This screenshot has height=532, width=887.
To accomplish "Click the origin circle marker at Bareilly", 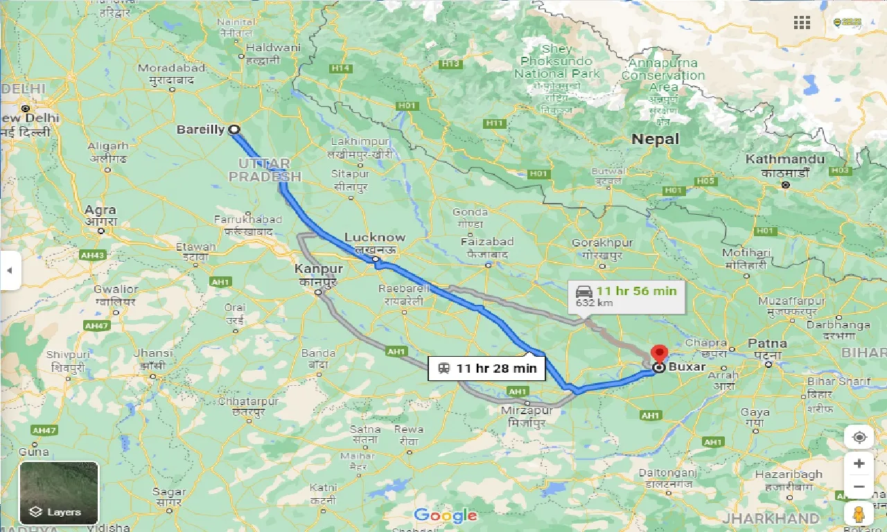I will click(x=234, y=130).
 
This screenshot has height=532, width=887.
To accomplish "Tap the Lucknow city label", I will click(x=374, y=238).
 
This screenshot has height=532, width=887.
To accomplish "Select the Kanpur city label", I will click(x=318, y=268).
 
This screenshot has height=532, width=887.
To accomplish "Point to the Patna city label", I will click(x=767, y=343).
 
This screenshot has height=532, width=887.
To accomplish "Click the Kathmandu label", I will click(x=785, y=159).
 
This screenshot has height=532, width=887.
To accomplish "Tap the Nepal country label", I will click(x=655, y=139).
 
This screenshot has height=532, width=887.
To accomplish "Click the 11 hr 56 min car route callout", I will click(x=626, y=296).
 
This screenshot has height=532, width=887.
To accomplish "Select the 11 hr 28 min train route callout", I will click(x=487, y=369).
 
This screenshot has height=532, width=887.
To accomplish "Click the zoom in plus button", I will click(x=859, y=463).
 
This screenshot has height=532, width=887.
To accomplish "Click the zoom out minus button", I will click(x=859, y=486).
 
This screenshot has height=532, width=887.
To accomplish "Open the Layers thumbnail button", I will click(x=59, y=493).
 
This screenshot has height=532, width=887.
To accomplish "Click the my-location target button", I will click(x=859, y=438).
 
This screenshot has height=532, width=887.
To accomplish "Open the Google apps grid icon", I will click(x=802, y=23).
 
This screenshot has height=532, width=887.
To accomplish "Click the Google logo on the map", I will click(x=445, y=515).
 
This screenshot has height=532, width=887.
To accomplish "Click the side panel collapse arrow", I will click(x=10, y=270).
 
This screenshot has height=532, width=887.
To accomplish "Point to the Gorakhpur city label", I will click(x=602, y=243).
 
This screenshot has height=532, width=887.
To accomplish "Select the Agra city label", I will click(x=100, y=210).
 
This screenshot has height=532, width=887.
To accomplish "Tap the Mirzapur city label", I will click(x=527, y=411).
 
